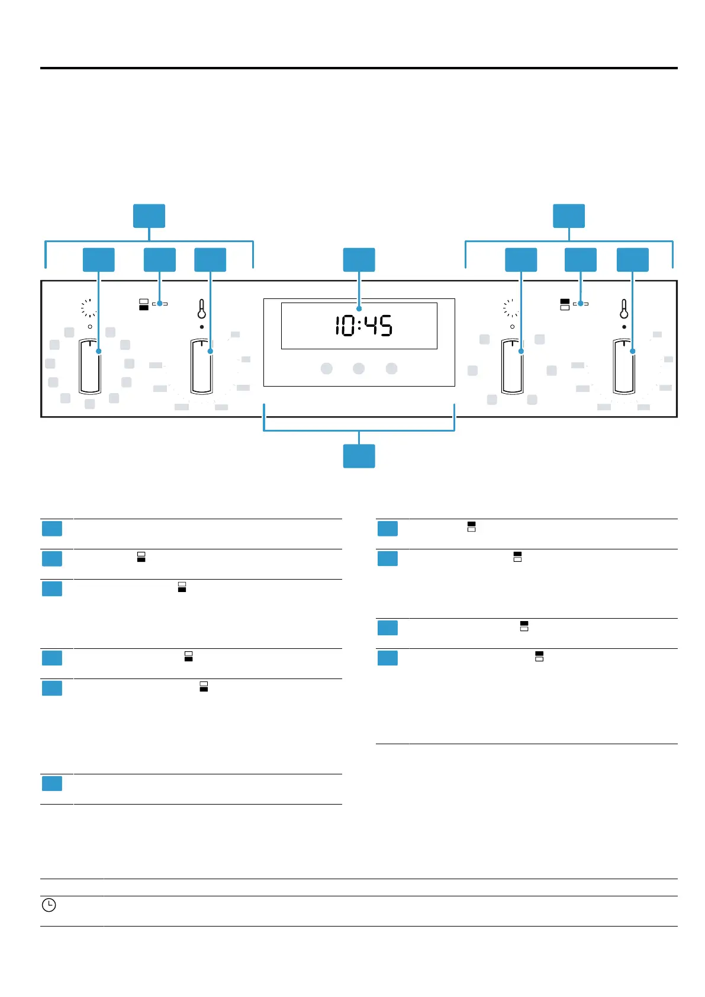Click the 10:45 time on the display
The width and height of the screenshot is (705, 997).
[x=363, y=326]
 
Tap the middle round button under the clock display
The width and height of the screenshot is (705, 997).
[x=359, y=368]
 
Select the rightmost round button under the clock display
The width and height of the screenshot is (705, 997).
[x=391, y=368]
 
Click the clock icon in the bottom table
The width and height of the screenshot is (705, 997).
[x=49, y=905]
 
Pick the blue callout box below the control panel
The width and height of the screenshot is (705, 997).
[x=359, y=456]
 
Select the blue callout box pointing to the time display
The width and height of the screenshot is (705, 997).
[x=359, y=259]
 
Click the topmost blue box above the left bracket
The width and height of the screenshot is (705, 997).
[x=149, y=216]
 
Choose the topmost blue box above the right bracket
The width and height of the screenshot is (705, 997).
[x=569, y=216]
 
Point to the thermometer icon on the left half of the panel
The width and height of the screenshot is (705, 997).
[x=202, y=309]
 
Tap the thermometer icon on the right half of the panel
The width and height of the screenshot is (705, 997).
[x=624, y=309]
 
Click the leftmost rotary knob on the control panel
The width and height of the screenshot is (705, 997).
[x=90, y=366]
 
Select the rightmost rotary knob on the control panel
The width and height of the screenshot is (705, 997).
[x=624, y=366]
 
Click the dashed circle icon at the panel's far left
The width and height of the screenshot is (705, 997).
[x=89, y=308]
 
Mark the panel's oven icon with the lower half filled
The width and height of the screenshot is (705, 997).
[x=144, y=304]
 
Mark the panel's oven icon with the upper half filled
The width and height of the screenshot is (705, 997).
[x=565, y=304]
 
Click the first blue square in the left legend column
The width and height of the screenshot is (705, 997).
[x=52, y=528]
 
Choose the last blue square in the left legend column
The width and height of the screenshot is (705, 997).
[x=52, y=783]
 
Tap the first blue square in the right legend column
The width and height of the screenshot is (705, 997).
[x=388, y=528]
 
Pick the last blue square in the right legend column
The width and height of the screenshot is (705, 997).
[x=388, y=658]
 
